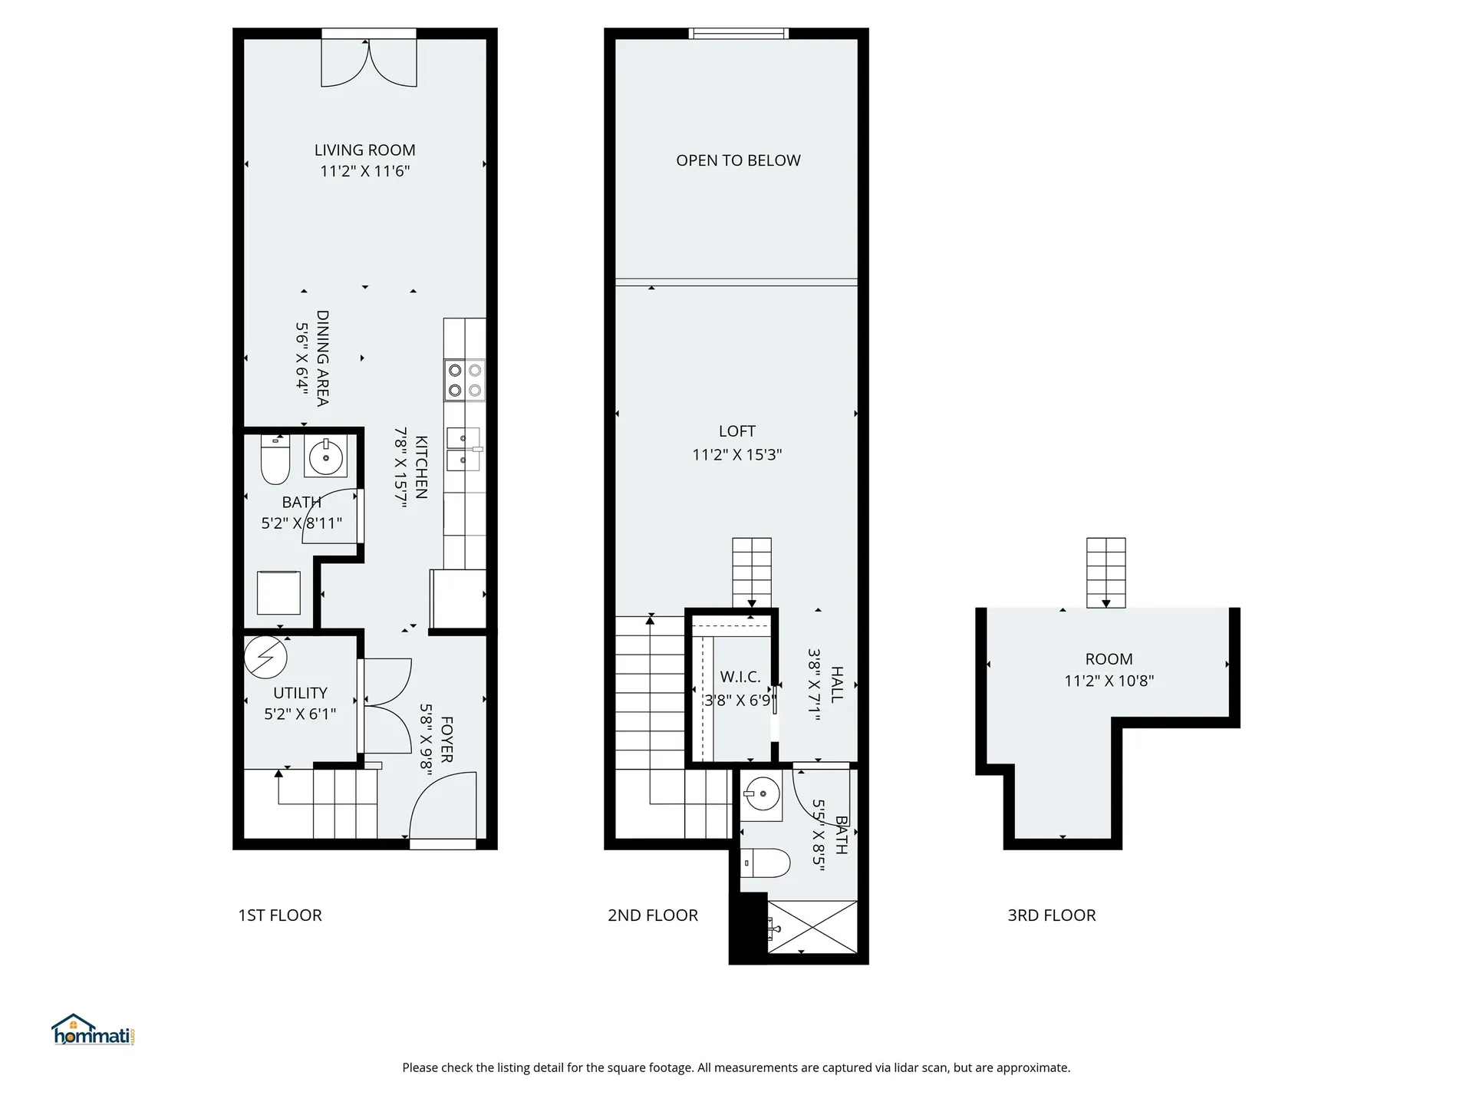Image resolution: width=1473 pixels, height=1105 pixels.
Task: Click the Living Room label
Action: (x=364, y=150)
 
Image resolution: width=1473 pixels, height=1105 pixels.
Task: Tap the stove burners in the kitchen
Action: (x=464, y=380)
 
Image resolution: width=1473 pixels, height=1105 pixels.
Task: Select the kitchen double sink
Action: (x=463, y=449)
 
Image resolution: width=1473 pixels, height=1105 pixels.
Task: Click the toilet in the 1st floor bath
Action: (x=275, y=460)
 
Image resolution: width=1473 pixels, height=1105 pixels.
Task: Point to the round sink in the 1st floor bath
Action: (x=327, y=457)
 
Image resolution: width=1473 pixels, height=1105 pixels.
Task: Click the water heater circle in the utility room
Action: (x=265, y=657)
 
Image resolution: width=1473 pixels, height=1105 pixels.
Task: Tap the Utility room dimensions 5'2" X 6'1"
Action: (x=300, y=714)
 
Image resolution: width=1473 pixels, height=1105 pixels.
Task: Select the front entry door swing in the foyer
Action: (x=443, y=806)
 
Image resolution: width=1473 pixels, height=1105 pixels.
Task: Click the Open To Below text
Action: (x=738, y=160)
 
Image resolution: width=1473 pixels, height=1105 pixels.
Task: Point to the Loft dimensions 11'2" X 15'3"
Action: (x=736, y=455)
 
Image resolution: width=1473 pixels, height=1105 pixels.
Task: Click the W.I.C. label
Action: (x=740, y=677)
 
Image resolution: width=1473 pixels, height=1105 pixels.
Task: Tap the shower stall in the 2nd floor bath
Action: (x=812, y=927)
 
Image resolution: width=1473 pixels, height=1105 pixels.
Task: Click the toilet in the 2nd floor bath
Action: (x=766, y=863)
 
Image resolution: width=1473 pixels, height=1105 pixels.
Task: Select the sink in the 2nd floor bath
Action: (x=762, y=793)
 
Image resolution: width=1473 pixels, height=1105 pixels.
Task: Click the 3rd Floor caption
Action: (x=1051, y=915)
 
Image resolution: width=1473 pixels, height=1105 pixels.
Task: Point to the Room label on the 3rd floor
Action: (x=1109, y=659)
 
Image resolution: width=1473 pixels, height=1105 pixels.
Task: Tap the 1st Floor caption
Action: (x=280, y=915)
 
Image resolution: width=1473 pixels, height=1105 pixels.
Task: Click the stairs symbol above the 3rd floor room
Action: (x=1106, y=572)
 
